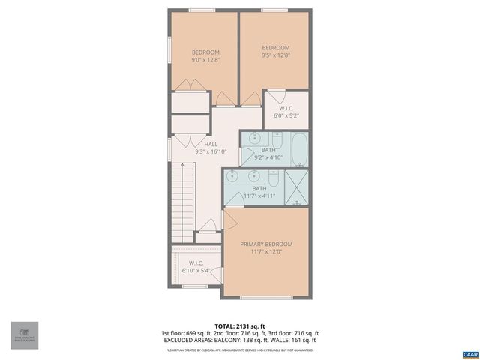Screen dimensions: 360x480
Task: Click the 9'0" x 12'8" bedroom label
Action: [x=205, y=55]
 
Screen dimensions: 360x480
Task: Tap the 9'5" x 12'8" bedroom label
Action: [x=275, y=51]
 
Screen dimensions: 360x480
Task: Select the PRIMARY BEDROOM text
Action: [x=266, y=244]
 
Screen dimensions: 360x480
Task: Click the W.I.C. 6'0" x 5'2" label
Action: [x=285, y=112]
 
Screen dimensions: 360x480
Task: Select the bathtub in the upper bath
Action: [x=298, y=149]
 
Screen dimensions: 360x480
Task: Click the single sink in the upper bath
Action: [x=254, y=140]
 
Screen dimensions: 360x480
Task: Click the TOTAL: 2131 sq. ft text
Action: [x=239, y=325]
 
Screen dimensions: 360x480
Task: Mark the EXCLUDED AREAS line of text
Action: [x=239, y=341]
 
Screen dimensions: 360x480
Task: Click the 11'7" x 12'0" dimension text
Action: [x=266, y=252]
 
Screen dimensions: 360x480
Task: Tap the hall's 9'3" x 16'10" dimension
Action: [x=211, y=151]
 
